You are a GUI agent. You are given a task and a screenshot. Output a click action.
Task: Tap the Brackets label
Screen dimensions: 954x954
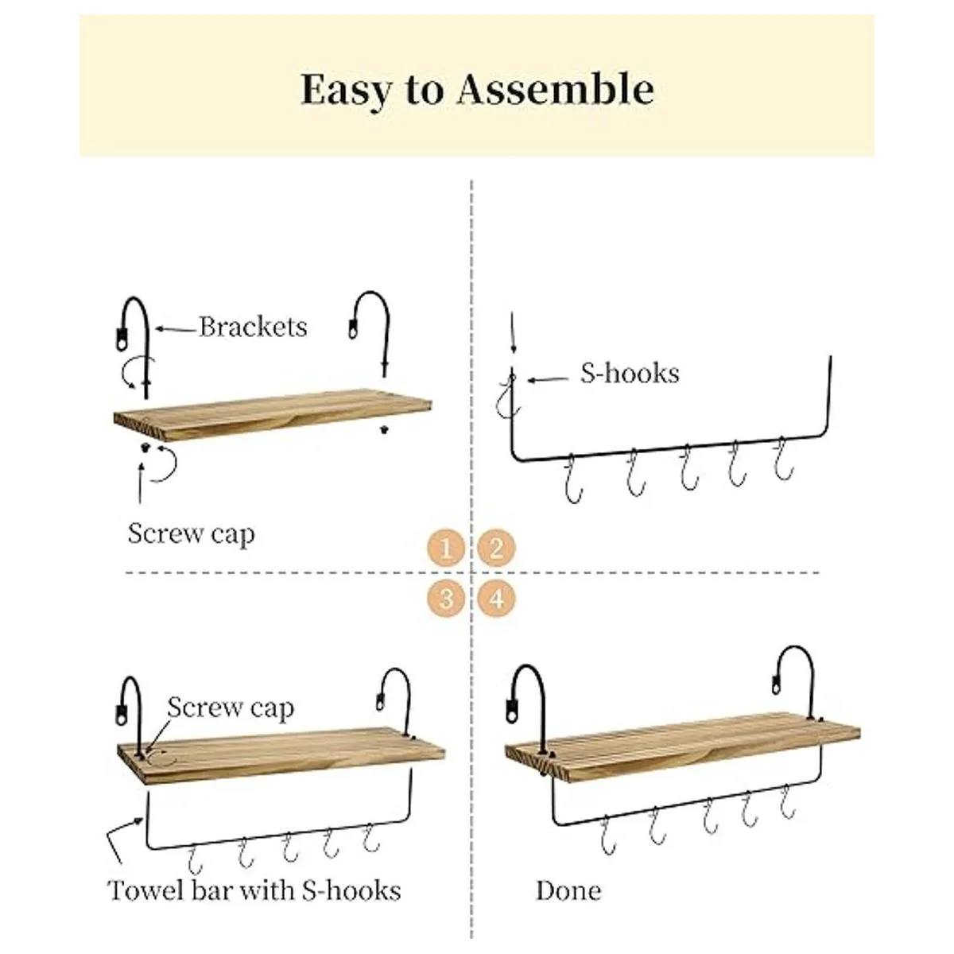coord(253,328)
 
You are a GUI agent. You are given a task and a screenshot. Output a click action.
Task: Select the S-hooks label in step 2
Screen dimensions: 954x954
coord(630,374)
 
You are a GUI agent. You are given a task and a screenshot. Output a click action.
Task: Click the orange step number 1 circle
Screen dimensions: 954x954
coord(446,548)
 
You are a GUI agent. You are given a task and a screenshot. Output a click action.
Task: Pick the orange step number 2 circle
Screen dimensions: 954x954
coord(497,548)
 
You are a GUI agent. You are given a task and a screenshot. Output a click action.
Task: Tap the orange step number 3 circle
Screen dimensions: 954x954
coord(446,599)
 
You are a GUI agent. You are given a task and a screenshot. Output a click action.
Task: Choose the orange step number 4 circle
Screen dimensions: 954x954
coord(497,599)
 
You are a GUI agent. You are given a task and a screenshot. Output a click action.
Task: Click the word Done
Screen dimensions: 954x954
coord(569,890)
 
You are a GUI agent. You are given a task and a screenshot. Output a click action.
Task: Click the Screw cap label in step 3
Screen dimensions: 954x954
coord(231,708)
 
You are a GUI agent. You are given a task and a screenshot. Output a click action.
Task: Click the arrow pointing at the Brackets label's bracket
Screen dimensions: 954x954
coord(176,328)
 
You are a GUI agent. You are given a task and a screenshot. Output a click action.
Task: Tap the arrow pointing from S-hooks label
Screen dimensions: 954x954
coord(548,379)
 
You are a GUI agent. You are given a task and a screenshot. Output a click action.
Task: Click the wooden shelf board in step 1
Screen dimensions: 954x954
coord(273,415)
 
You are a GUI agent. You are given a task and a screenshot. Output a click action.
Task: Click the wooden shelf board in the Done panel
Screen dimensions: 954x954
coord(682,753)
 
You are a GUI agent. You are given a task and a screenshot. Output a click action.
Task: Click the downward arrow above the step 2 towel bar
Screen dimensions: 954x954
coord(513,332)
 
